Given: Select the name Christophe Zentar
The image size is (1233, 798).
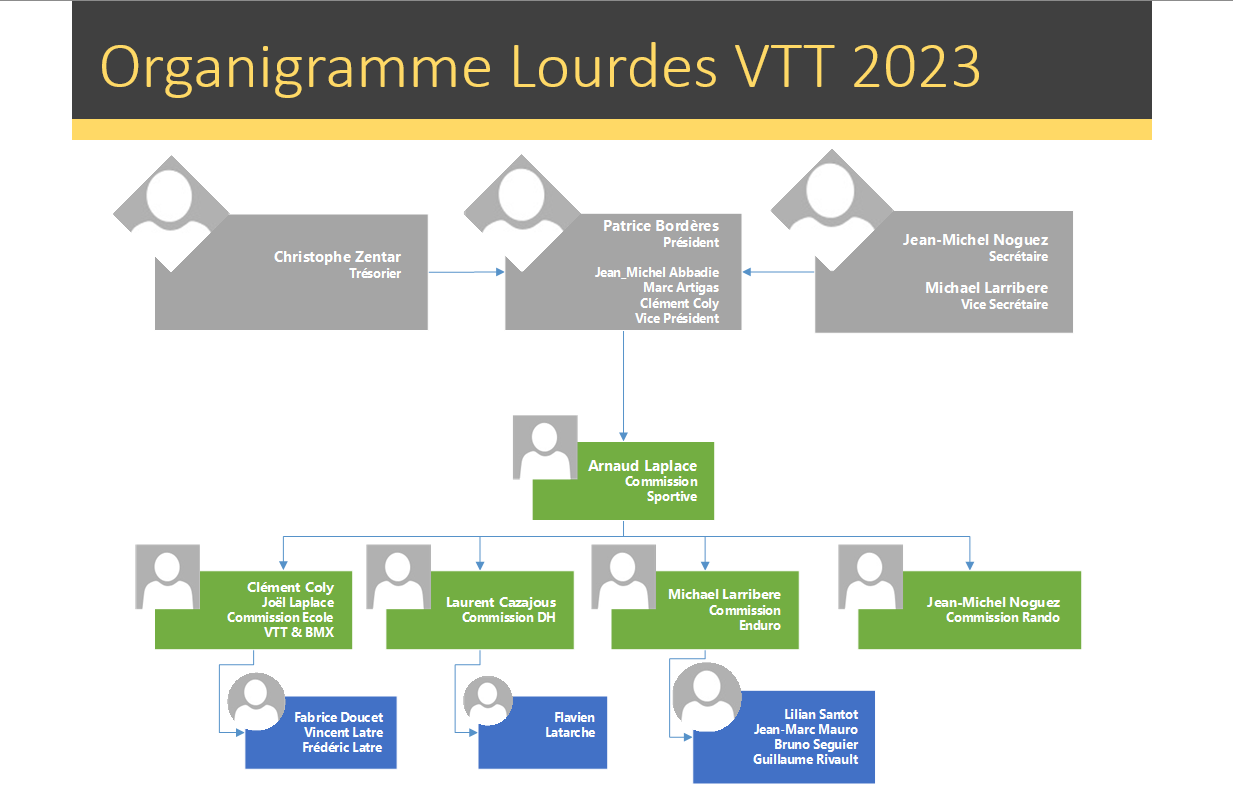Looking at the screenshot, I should tap(337, 257).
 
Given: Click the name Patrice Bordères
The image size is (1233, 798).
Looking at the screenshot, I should tap(660, 226).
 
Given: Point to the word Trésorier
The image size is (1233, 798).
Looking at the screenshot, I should tap(375, 273).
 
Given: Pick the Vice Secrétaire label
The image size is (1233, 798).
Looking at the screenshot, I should tap(1004, 304).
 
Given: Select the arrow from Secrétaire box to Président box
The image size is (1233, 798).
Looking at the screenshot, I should tap(779, 271).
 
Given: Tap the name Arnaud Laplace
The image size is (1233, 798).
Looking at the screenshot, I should tap(642, 466).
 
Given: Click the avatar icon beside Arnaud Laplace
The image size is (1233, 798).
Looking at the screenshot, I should tap(545, 447).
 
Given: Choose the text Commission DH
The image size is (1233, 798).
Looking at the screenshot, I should tap(508, 618).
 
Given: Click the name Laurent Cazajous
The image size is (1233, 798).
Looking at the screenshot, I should tap(500, 602).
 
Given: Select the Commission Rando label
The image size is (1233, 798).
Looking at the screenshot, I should tap(1002, 618).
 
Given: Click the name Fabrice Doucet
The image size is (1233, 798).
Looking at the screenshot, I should tap(338, 717).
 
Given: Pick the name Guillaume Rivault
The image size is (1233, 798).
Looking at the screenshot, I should tap(805, 760).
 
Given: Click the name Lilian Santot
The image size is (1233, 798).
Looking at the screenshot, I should tap(821, 714).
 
